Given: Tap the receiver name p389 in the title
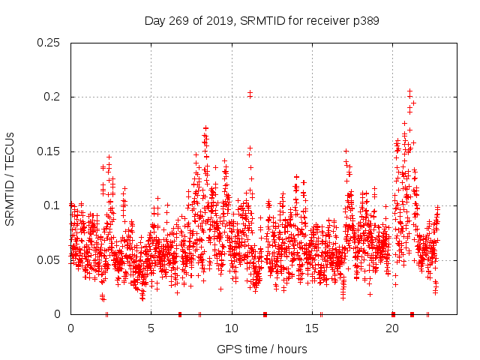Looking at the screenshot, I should click(364, 21).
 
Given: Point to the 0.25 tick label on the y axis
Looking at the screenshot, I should click(49, 43).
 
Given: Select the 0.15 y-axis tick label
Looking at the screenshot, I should click(49, 151).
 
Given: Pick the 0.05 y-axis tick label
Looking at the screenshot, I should click(49, 260).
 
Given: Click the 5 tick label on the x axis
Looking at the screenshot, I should click(151, 328).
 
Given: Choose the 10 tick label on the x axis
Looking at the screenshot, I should click(231, 328).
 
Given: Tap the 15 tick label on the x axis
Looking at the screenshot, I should click(311, 328).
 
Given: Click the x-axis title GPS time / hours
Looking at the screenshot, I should click(262, 349).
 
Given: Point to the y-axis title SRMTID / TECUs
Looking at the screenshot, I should click(10, 178).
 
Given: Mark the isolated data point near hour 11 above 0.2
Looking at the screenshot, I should click(250, 94).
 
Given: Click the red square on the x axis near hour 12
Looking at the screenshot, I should click(265, 314).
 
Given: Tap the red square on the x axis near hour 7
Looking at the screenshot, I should click(179, 314).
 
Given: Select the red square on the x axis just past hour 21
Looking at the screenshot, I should click(412, 314).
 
